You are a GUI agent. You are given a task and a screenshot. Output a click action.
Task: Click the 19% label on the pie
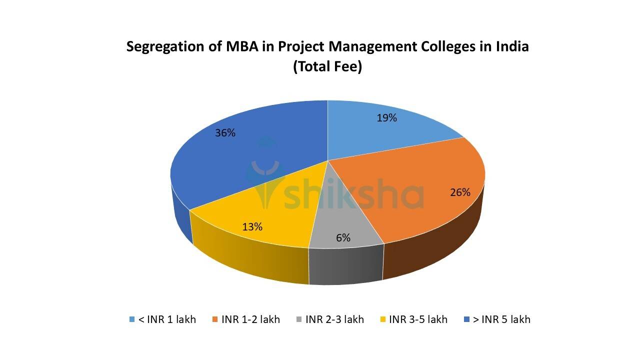(386, 118)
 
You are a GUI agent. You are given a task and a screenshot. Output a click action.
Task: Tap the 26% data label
(460, 192)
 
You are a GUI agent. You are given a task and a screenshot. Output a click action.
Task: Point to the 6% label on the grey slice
(343, 238)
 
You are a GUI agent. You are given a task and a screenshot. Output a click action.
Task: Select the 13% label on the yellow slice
(252, 226)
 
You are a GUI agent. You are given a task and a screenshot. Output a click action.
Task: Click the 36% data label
(225, 133)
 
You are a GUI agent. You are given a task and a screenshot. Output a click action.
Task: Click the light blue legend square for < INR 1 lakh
(132, 319)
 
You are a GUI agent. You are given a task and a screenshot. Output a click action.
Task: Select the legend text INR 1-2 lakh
(250, 319)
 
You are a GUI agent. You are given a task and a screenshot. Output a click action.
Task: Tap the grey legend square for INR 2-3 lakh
(299, 319)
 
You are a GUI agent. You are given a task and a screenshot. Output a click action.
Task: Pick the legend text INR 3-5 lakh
(418, 319)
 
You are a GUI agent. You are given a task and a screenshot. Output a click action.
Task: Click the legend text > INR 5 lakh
(501, 319)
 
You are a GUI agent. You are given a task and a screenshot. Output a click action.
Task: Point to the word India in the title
(512, 46)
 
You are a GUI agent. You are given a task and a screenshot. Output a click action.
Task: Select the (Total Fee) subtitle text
(327, 66)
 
